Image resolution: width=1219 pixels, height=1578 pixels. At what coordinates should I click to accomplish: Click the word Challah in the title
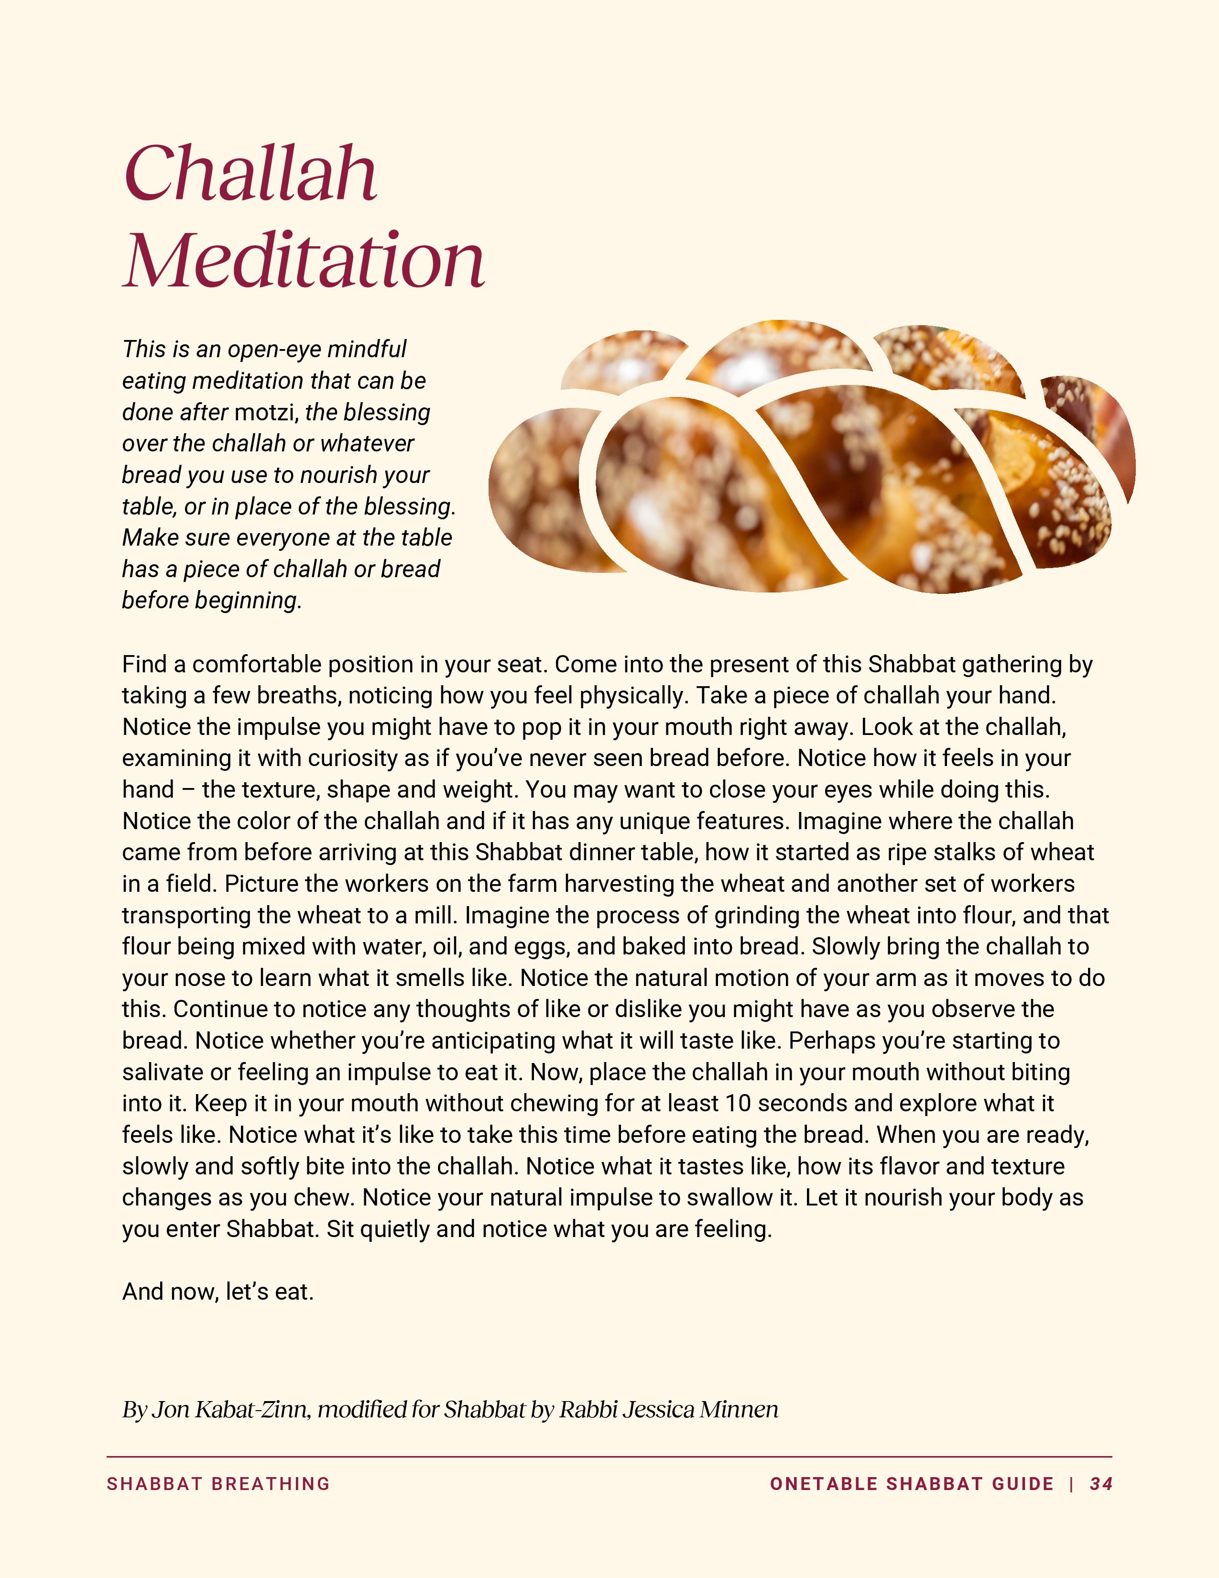point(250,174)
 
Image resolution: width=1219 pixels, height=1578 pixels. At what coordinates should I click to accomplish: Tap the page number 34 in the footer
point(1100,1484)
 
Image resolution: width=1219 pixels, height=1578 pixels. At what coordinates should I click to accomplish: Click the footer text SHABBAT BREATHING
point(218,1484)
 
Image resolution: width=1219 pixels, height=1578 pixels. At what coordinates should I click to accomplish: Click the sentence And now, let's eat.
point(218,1292)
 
